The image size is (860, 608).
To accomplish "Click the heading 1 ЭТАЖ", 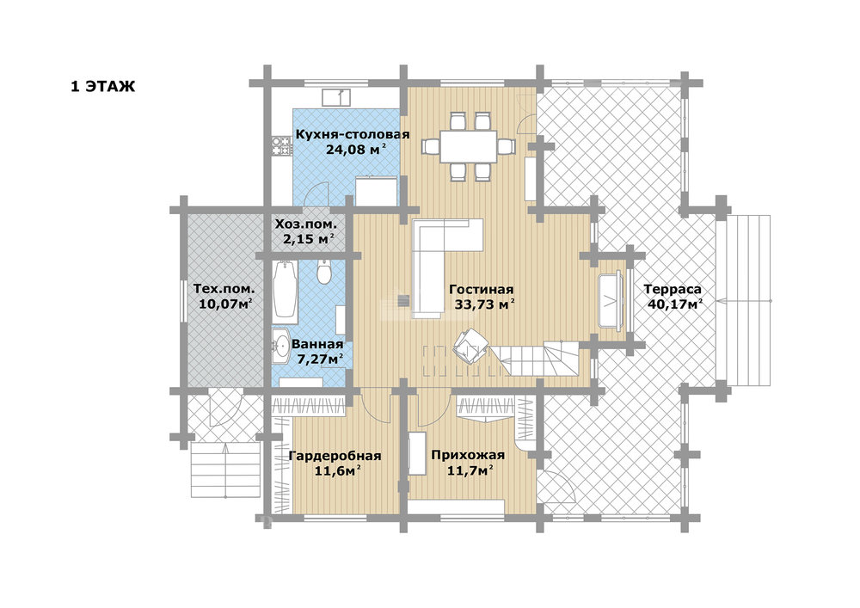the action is pyautogui.click(x=102, y=87).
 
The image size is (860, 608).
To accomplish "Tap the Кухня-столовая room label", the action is pyautogui.click(x=353, y=134).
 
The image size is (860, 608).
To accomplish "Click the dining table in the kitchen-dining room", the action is pyautogui.click(x=469, y=146).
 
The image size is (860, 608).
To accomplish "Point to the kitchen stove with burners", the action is pyautogui.click(x=282, y=146).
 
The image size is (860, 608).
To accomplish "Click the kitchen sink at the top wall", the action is pyautogui.click(x=336, y=97).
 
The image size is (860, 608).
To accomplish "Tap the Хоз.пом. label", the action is pyautogui.click(x=305, y=224).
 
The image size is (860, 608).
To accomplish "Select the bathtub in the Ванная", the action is pyautogui.click(x=286, y=289).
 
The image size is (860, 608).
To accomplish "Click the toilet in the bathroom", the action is pyautogui.click(x=324, y=273).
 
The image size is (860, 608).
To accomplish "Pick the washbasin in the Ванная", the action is pyautogui.click(x=281, y=346).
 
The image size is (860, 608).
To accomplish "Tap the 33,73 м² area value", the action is pyautogui.click(x=485, y=304).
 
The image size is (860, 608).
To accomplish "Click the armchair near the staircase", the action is pyautogui.click(x=470, y=346).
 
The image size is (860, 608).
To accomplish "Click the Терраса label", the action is pyautogui.click(x=673, y=289).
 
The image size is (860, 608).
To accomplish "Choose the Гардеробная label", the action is pyautogui.click(x=335, y=456).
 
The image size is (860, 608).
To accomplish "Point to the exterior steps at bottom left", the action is pyautogui.click(x=225, y=470).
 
